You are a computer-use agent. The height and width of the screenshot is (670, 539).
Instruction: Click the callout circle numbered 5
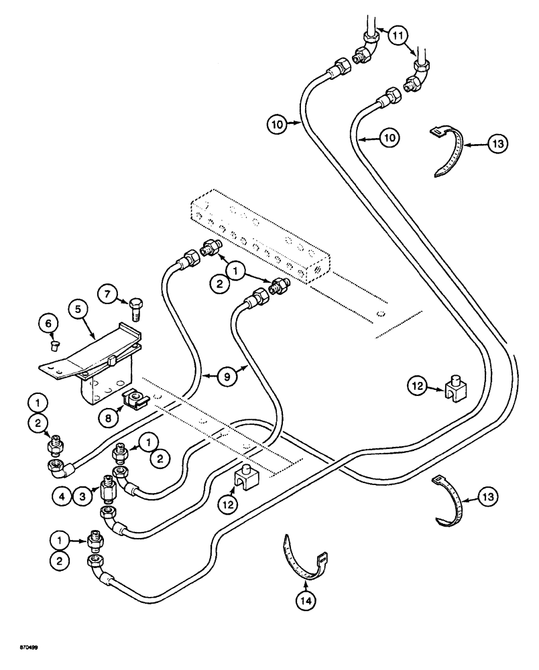(x=78, y=310)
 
